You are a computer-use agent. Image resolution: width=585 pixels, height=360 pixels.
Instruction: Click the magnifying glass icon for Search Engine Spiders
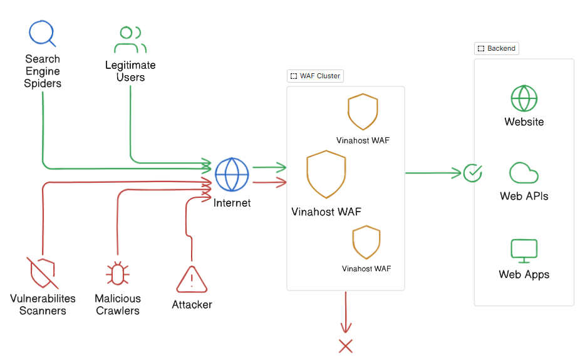click(x=42, y=33)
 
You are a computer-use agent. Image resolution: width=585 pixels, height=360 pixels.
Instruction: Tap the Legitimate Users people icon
click(x=130, y=39)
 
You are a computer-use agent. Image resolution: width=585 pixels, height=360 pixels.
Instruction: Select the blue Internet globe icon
click(x=232, y=175)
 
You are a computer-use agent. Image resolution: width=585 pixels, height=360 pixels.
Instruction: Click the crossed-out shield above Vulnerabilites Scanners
click(x=42, y=272)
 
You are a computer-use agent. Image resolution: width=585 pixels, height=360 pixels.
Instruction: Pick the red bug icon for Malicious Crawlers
click(x=117, y=274)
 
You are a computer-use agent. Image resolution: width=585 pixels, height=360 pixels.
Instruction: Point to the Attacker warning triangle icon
click(x=192, y=279)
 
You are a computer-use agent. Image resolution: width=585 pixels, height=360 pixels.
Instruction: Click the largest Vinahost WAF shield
click(x=326, y=174)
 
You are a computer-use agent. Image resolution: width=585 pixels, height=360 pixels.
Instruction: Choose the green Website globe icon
click(x=524, y=98)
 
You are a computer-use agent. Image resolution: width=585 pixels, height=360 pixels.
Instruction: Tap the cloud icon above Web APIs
click(x=524, y=172)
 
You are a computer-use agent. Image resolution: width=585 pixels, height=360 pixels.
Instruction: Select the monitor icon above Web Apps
click(x=524, y=250)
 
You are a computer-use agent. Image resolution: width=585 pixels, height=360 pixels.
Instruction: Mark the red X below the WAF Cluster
click(x=346, y=346)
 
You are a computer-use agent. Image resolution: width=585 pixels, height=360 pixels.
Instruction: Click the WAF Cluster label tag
click(x=316, y=76)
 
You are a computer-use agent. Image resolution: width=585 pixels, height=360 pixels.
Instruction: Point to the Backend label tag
click(x=497, y=48)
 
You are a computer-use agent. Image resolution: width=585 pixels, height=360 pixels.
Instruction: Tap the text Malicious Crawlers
click(x=118, y=304)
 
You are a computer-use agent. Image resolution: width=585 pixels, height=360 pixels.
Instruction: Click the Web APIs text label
click(x=524, y=196)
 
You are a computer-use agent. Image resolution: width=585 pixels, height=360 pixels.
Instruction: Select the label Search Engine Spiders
click(x=43, y=71)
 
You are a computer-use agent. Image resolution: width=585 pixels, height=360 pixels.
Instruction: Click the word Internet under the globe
click(x=232, y=203)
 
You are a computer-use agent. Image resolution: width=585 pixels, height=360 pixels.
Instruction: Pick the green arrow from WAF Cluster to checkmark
click(x=432, y=172)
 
